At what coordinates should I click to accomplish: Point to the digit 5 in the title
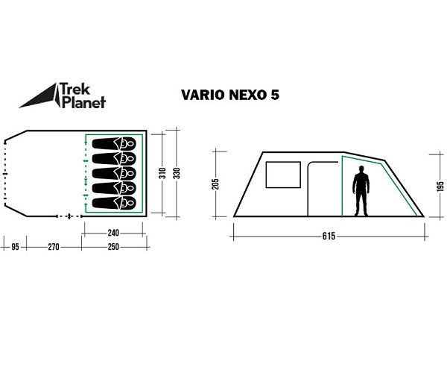pyautogui.click(x=276, y=95)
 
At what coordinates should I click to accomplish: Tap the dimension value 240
pyautogui.click(x=113, y=232)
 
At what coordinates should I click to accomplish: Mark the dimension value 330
pyautogui.click(x=177, y=173)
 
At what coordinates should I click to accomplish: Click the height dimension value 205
pyautogui.click(x=215, y=184)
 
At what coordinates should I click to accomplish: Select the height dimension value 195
pyautogui.click(x=440, y=186)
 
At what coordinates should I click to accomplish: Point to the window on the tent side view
pyautogui.click(x=282, y=175)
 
